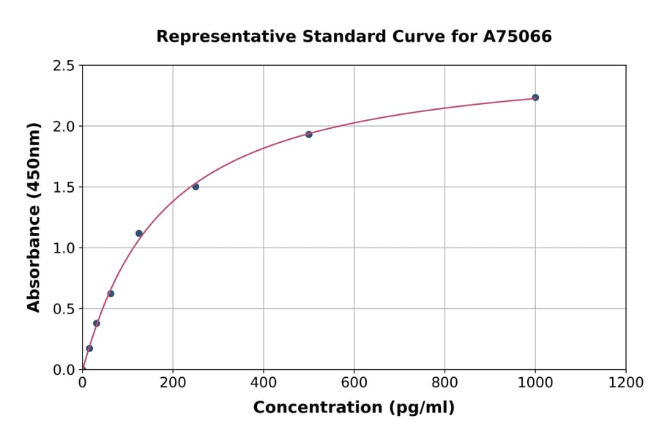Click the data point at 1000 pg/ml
535,97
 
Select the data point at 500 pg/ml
309,134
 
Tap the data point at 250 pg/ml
196,187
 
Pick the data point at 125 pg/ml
139,234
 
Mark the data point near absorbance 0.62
111,294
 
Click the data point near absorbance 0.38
97,323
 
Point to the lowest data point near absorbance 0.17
89,349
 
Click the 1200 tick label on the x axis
626,383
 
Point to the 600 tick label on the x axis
354,383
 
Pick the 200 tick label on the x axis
173,383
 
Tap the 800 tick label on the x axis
444,383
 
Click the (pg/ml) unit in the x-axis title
422,408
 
